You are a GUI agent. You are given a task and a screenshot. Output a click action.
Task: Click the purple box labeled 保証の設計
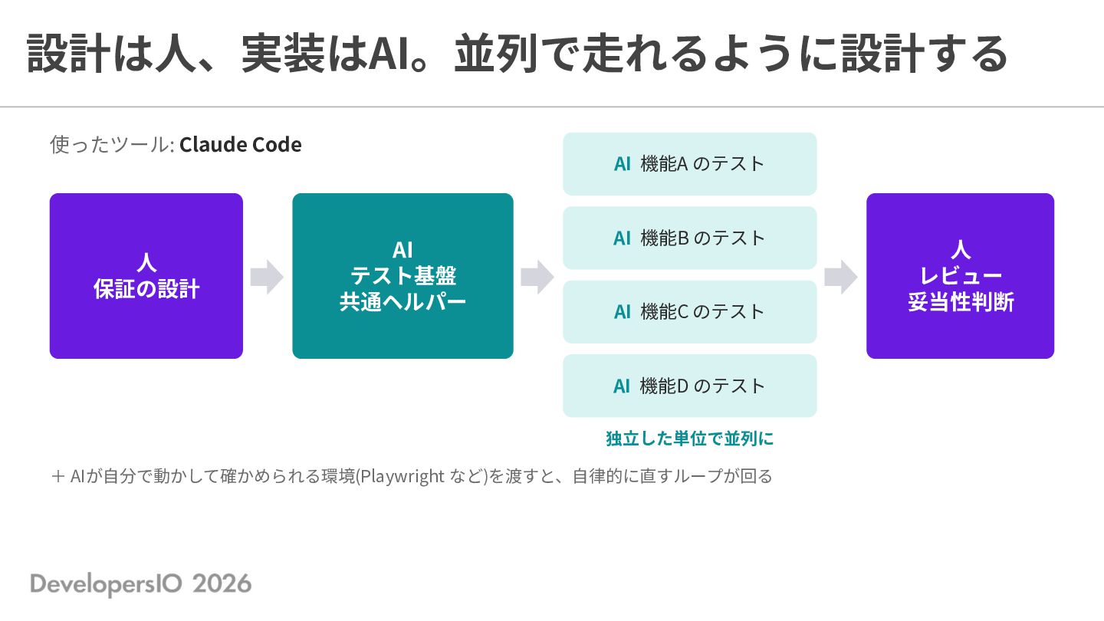[x=146, y=276]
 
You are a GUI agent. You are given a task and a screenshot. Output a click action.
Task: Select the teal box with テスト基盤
[x=402, y=276]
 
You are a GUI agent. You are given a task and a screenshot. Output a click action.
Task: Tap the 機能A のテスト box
[x=689, y=163]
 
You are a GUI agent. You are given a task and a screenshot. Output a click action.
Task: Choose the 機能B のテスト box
[x=689, y=238]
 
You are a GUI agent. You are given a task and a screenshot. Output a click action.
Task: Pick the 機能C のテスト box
[x=689, y=312]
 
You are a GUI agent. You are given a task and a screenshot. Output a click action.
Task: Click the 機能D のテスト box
[x=689, y=386]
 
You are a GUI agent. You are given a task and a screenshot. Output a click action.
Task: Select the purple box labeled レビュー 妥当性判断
[x=960, y=276]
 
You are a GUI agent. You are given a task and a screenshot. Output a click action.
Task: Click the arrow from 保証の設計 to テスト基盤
[x=267, y=277]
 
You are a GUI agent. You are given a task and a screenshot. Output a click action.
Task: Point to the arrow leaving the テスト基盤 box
[x=537, y=277]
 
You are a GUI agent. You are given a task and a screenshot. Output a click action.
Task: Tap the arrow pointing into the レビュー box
[x=841, y=277]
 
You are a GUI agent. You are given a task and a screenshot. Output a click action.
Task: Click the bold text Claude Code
[x=241, y=145]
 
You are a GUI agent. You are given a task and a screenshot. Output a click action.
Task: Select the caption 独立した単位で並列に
[x=689, y=439]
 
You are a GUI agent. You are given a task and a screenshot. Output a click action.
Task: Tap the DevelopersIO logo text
[x=106, y=584]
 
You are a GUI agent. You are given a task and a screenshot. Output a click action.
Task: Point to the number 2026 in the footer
[x=222, y=584]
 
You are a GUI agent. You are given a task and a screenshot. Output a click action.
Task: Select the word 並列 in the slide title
[x=496, y=53]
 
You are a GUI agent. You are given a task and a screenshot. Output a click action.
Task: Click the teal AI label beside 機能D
[x=622, y=386]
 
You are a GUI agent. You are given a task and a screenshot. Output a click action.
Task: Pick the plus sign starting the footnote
[x=58, y=477]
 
